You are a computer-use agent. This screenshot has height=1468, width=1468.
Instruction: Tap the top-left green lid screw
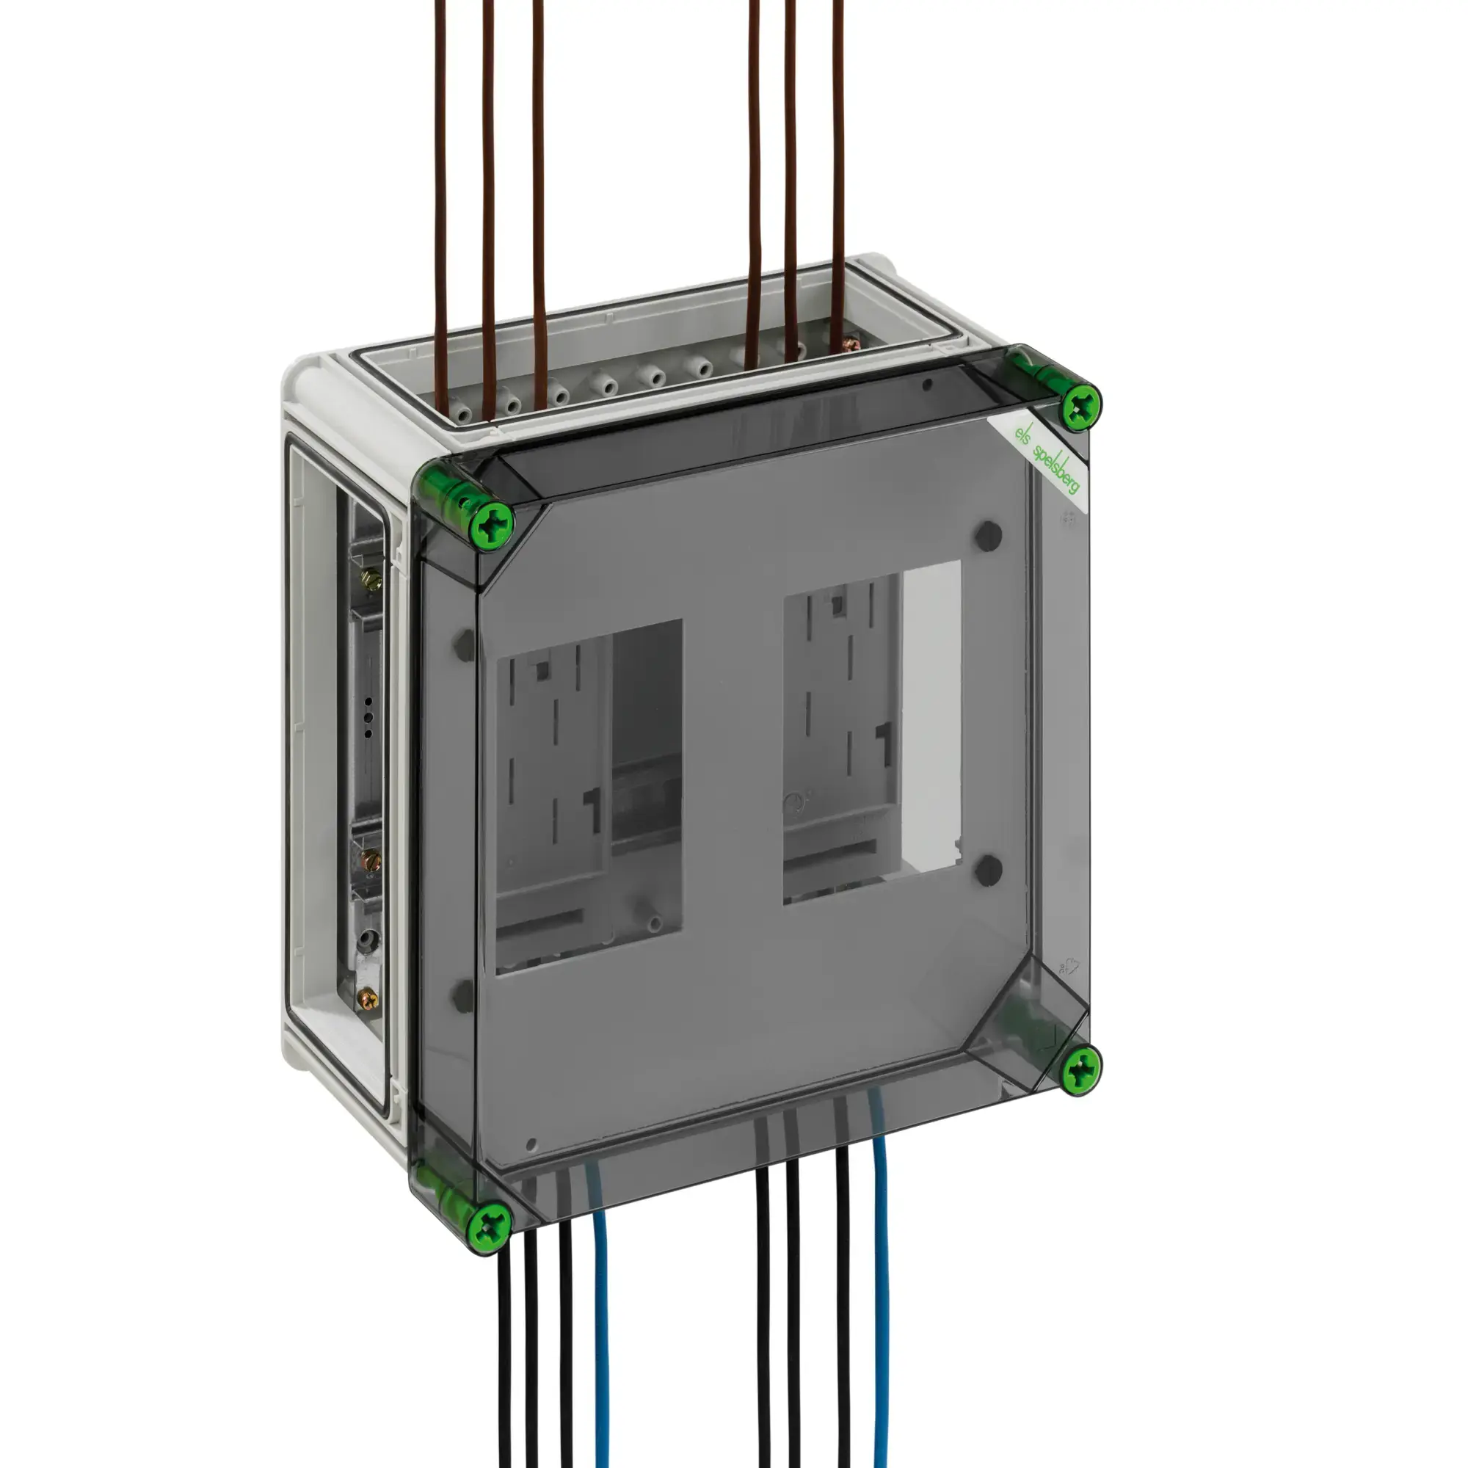pyautogui.click(x=492, y=523)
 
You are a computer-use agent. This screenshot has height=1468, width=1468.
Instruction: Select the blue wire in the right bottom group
pyautogui.click(x=881, y=1292)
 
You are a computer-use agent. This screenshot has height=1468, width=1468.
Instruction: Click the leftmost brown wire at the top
pyautogui.click(x=440, y=190)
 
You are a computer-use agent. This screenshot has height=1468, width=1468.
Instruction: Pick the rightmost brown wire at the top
pyautogui.click(x=838, y=175)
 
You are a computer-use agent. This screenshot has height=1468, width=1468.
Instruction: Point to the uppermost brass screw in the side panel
pyautogui.click(x=371, y=581)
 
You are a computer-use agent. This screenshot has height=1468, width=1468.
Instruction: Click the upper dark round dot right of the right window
pyautogui.click(x=988, y=537)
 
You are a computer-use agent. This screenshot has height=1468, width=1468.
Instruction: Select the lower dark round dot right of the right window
pyautogui.click(x=988, y=871)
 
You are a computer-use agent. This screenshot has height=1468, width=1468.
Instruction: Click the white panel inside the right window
pyautogui.click(x=931, y=714)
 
